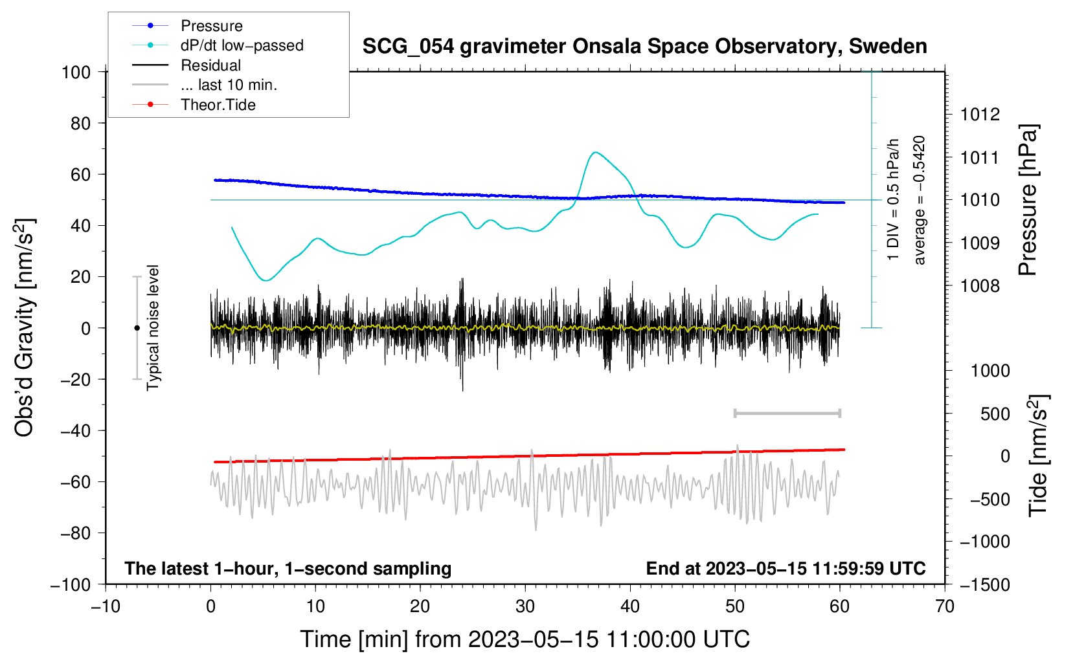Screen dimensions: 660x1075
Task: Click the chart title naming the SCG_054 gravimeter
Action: [644, 47]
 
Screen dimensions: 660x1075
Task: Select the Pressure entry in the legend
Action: [211, 26]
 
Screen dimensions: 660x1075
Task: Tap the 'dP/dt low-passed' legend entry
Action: [242, 45]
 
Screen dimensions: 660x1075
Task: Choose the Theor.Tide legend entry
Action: [218, 105]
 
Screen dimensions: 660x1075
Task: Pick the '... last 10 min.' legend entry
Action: [229, 85]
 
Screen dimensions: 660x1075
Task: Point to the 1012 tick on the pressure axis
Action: [980, 115]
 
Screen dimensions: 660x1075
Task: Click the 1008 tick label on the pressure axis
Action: [980, 286]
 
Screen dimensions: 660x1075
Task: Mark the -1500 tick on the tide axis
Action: [984, 585]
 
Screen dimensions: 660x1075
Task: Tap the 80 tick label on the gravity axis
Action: [80, 123]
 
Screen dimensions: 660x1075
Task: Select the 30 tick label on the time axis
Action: [525, 607]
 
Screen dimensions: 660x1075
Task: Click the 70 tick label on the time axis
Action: [945, 607]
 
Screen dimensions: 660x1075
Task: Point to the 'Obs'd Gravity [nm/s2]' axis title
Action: [25, 328]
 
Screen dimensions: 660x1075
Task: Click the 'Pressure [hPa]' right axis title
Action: [1028, 201]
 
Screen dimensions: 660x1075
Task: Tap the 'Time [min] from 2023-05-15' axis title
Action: [525, 639]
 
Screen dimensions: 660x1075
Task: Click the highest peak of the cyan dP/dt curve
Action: [595, 153]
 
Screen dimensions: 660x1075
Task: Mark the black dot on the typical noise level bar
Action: [137, 328]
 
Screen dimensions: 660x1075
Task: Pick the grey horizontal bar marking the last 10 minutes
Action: [787, 413]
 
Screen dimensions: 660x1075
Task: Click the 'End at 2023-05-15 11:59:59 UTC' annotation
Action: [786, 568]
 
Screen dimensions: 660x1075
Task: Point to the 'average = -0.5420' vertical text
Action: [919, 201]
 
